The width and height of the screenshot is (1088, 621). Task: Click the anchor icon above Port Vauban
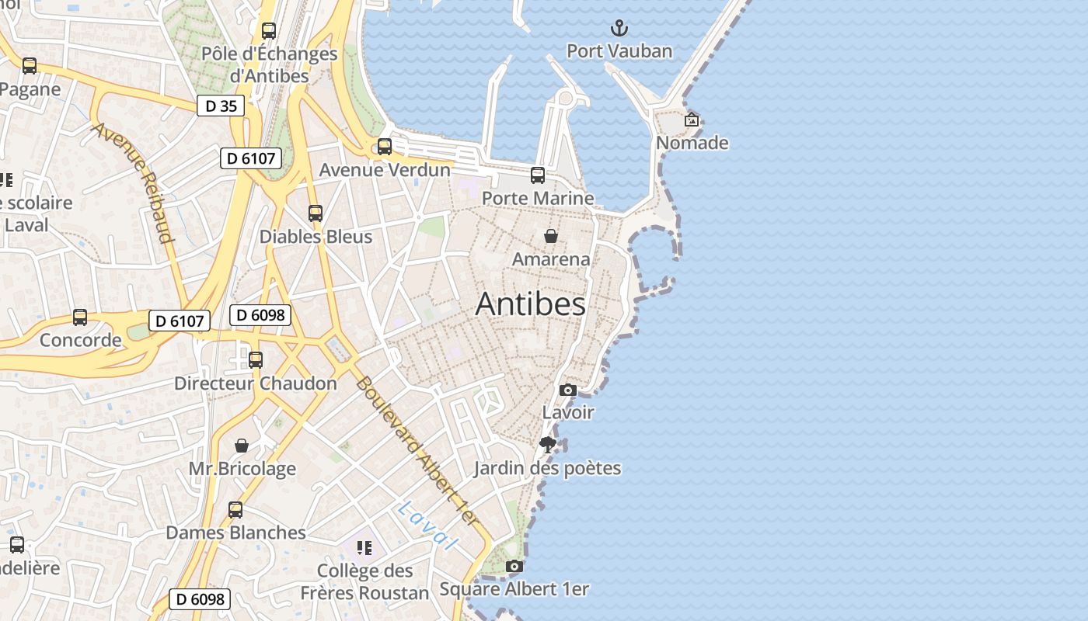[x=619, y=29]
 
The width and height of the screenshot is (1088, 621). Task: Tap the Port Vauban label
[x=619, y=51]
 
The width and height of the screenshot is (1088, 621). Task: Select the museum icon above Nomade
[x=692, y=120]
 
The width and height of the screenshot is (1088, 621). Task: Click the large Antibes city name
[x=530, y=304]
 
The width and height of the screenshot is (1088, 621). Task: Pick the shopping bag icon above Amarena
[x=551, y=236]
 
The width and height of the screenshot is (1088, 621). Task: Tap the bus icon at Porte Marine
[x=538, y=175]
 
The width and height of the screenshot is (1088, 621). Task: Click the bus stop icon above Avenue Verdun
[x=385, y=147]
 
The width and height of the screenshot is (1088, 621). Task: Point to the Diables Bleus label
[x=316, y=237]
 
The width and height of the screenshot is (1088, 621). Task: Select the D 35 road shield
[x=221, y=106]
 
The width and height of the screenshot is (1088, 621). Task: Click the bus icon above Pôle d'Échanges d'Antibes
[x=269, y=31]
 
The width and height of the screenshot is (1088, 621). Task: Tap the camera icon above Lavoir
[x=568, y=390]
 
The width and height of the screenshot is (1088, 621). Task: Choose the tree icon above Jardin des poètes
[x=548, y=445]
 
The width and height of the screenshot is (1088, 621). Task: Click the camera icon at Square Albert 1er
[x=514, y=566]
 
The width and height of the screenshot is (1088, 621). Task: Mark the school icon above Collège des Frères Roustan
[x=364, y=548]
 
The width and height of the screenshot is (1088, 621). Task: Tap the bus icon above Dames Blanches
[x=235, y=510]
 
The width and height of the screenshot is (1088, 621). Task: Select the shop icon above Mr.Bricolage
[x=242, y=446]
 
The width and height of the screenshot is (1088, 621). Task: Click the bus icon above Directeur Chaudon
[x=256, y=360]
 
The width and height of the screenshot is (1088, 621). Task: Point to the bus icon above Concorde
[x=80, y=317]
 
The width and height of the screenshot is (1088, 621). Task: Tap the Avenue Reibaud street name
[x=133, y=182]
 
